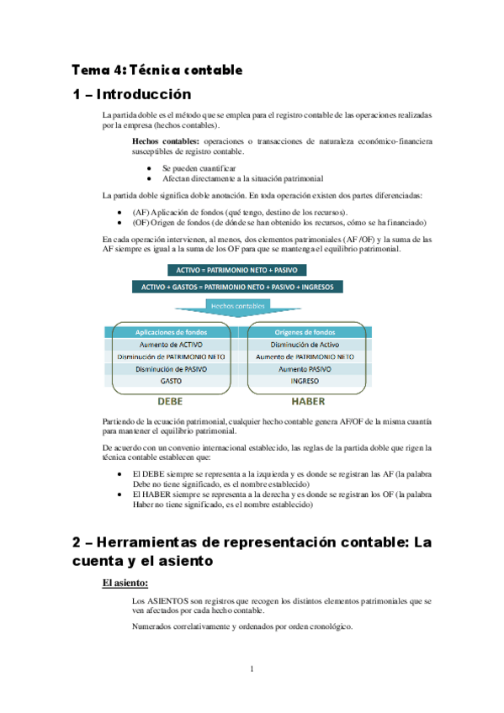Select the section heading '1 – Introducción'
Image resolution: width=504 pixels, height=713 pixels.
click(x=132, y=94)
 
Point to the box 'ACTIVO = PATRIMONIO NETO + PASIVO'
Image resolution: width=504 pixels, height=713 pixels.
click(x=236, y=270)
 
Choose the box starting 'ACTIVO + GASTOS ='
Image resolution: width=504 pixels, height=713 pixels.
click(x=236, y=287)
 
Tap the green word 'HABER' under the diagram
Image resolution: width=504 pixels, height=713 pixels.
click(x=307, y=401)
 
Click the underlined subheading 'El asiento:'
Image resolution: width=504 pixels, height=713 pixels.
click(x=125, y=582)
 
